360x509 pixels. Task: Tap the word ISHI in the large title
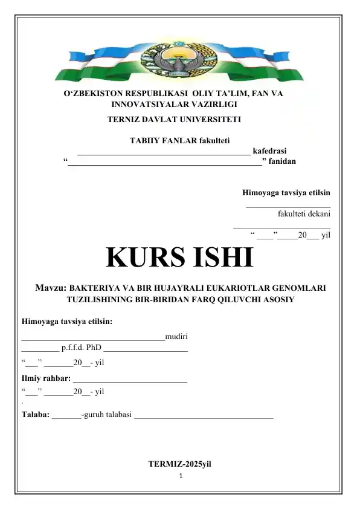point(220,258)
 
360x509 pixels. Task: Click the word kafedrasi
point(269,151)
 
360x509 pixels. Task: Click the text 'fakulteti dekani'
point(304,213)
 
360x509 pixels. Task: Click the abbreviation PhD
point(92,348)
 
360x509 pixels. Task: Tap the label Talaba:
point(36,415)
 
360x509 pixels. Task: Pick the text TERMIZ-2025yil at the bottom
point(179,464)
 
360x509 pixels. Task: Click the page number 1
point(180,476)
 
